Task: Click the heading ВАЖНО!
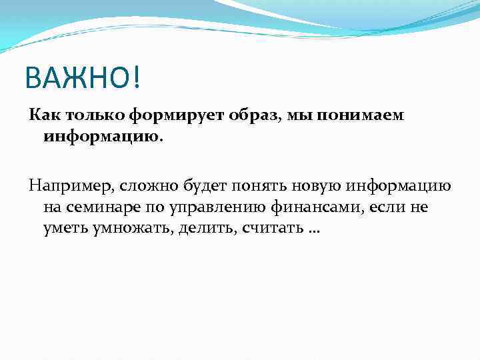[x=83, y=79]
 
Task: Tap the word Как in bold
[x=43, y=116]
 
